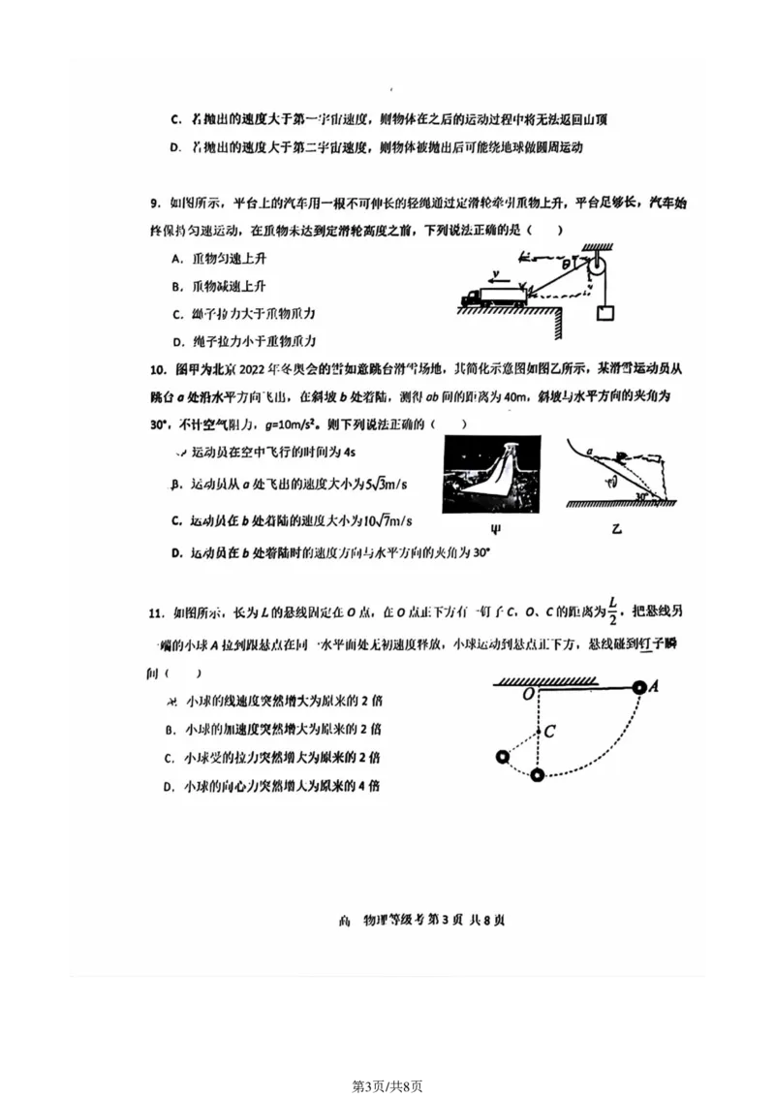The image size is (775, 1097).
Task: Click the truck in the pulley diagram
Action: click(493, 296)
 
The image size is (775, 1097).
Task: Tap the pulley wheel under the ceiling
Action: click(602, 266)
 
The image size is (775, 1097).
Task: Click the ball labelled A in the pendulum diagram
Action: click(639, 687)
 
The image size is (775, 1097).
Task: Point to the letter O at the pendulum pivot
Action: click(528, 696)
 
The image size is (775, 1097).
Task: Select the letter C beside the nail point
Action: click(549, 732)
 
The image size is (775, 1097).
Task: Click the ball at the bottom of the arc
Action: click(538, 773)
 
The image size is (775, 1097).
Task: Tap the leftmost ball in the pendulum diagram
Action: click(501, 757)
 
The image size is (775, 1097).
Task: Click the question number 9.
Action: click(154, 203)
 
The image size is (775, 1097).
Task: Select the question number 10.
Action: click(157, 369)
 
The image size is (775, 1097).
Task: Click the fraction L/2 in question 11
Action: click(612, 612)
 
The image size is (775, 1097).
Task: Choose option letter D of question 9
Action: click(176, 341)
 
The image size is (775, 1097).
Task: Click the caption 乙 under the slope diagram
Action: click(617, 529)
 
